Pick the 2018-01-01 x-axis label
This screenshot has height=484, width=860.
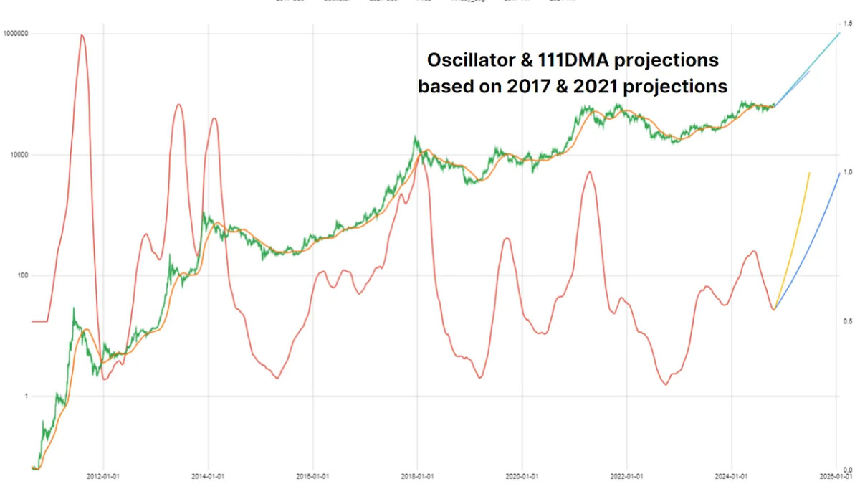(x=417, y=475)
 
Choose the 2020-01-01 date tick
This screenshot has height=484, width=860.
(x=522, y=475)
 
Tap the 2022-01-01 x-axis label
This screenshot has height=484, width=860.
(x=627, y=475)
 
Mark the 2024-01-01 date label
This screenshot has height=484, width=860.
(x=732, y=475)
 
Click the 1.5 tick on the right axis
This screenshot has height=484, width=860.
(x=848, y=24)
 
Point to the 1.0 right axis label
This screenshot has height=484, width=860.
(x=848, y=172)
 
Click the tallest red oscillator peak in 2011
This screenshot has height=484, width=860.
(x=82, y=36)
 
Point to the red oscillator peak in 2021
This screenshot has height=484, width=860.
(x=589, y=172)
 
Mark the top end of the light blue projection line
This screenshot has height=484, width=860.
(x=839, y=33)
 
